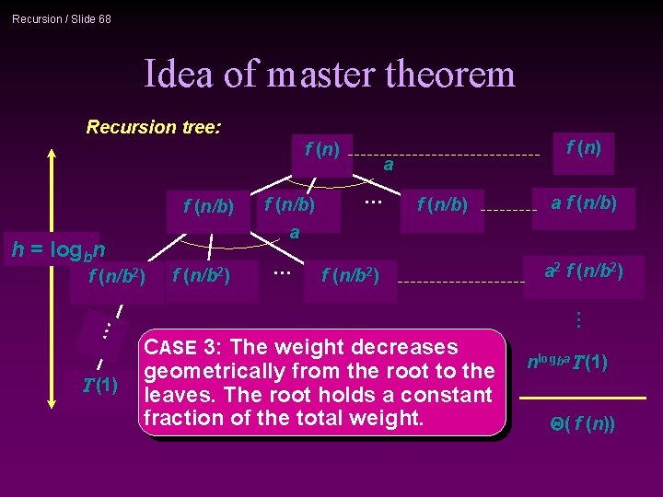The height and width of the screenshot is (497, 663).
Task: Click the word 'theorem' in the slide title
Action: [x=450, y=74]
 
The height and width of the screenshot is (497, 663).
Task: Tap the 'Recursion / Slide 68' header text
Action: [x=62, y=18]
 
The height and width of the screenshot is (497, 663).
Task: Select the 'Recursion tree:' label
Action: [x=153, y=127]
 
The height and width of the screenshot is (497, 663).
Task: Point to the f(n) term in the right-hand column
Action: [x=583, y=147]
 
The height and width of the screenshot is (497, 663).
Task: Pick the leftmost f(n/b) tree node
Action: [x=209, y=205]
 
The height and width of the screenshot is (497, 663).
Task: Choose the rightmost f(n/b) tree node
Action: [x=442, y=204]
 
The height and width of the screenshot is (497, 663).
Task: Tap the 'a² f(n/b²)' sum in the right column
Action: [x=583, y=271]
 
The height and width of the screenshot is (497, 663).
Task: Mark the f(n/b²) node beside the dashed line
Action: [x=357, y=273]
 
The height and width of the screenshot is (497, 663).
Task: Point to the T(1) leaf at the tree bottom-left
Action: [x=99, y=385]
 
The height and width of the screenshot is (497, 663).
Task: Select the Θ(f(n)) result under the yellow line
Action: [x=583, y=424]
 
